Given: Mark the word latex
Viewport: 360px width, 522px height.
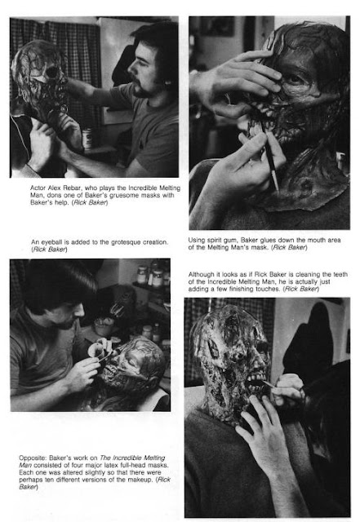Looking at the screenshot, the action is pyautogui.click(x=115, y=466).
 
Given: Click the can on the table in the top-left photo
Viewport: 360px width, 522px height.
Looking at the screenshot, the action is pyautogui.click(x=87, y=139).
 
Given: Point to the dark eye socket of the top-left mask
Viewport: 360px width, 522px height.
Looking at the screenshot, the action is pyautogui.click(x=52, y=73).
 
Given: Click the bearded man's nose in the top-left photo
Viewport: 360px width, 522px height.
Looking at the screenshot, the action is pyautogui.click(x=131, y=69).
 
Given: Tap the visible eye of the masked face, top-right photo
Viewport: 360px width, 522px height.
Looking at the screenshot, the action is pyautogui.click(x=295, y=80).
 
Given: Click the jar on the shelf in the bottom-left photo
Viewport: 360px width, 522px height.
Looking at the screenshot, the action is pyautogui.click(x=143, y=275).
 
